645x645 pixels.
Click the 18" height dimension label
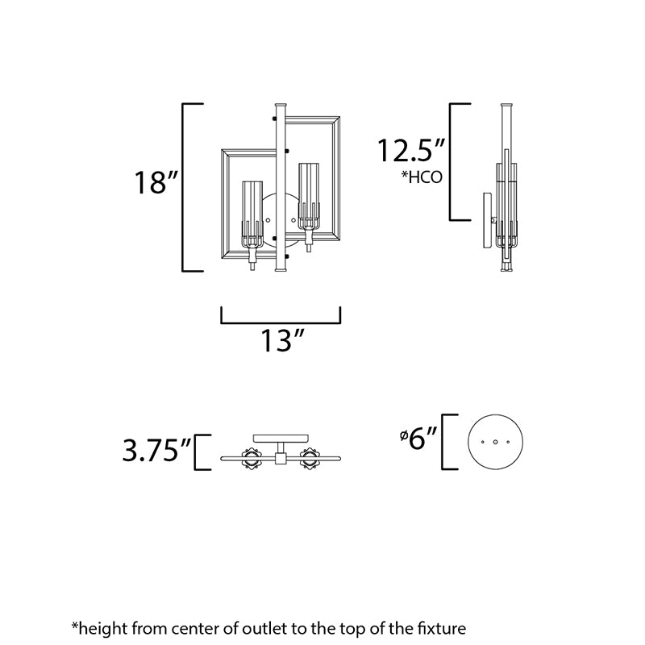156,183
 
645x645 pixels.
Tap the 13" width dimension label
283,340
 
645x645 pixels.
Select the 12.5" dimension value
411,151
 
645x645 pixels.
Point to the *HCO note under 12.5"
422,177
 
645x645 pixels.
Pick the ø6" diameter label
418,438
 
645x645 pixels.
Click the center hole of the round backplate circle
495,442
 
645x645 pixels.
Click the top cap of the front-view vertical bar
280,106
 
